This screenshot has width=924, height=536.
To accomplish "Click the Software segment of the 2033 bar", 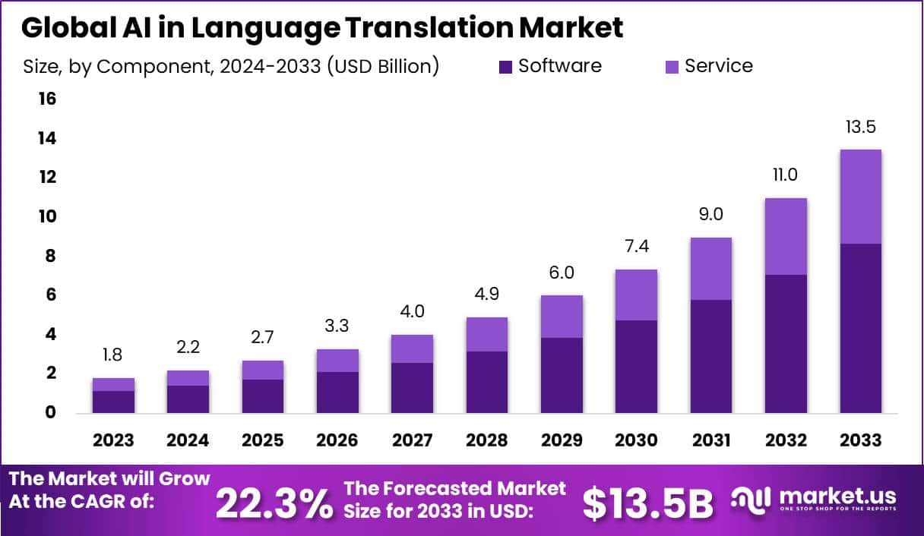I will pyautogui.click(x=860, y=328).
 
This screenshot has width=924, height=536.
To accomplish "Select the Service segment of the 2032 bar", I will pyautogui.click(x=786, y=236).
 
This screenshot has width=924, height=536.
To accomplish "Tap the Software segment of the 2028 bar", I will pyautogui.click(x=486, y=382).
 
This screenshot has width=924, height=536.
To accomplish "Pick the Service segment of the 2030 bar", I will pyautogui.click(x=636, y=295).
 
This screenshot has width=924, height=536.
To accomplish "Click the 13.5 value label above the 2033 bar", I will pyautogui.click(x=860, y=127).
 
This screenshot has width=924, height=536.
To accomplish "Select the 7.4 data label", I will pyautogui.click(x=636, y=247).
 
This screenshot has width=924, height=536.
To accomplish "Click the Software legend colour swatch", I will pyautogui.click(x=505, y=67).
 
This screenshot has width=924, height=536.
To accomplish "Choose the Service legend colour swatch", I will pyautogui.click(x=672, y=67).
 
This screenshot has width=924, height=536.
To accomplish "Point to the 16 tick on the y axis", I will pyautogui.click(x=46, y=99).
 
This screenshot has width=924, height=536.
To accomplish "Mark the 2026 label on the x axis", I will pyautogui.click(x=337, y=440).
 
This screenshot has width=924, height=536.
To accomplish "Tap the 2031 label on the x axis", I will pyautogui.click(x=710, y=440).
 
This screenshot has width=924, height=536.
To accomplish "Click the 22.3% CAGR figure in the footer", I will pyautogui.click(x=274, y=502).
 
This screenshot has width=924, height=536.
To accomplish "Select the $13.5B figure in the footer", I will pyautogui.click(x=648, y=502).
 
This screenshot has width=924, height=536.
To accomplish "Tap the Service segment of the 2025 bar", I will pyautogui.click(x=262, y=370).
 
